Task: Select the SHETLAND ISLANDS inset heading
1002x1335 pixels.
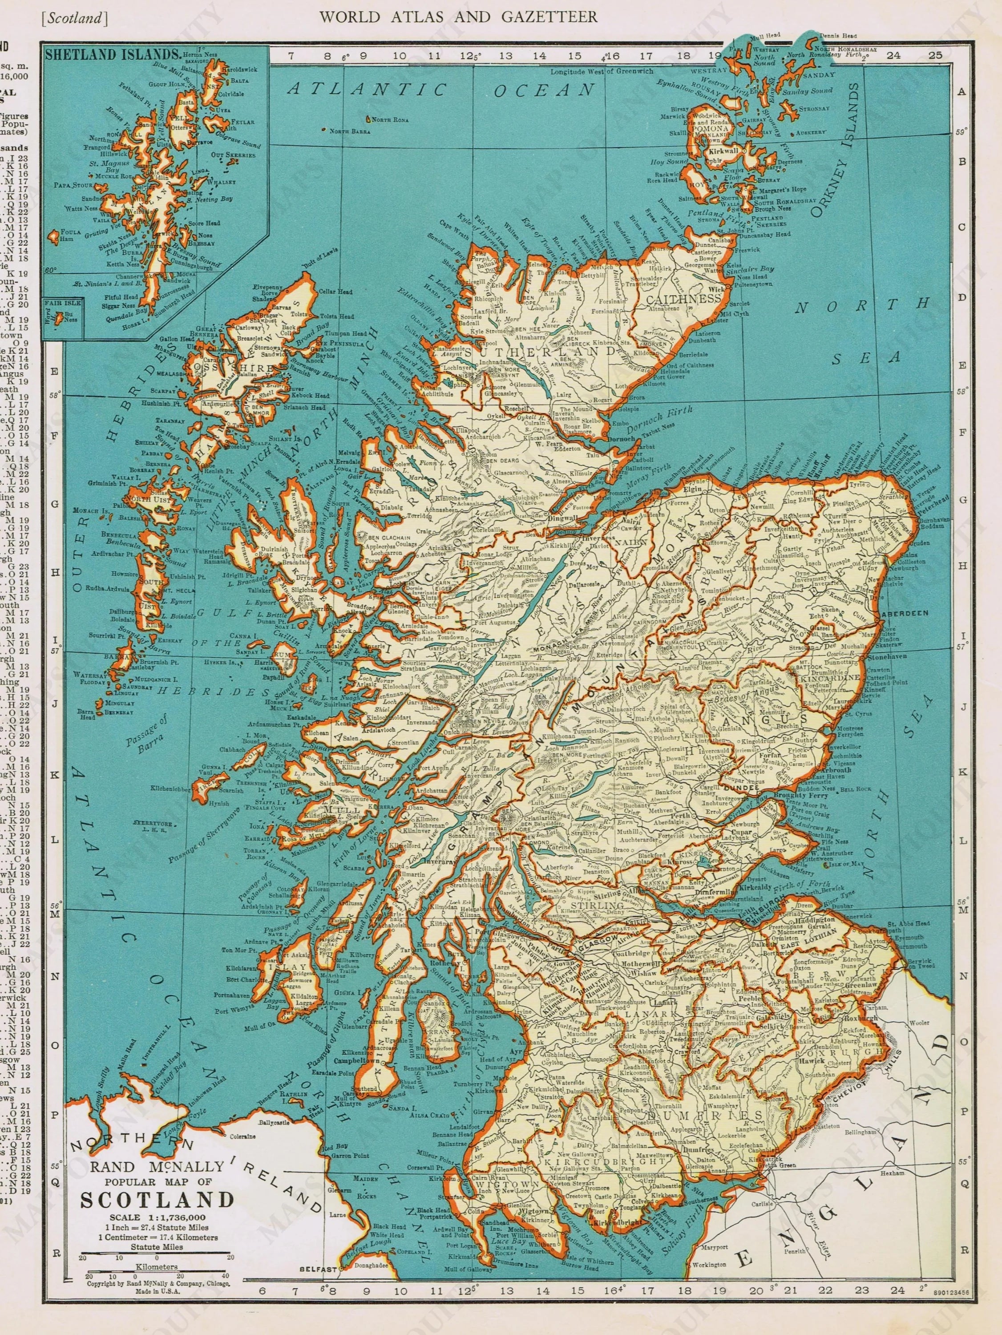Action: point(112,53)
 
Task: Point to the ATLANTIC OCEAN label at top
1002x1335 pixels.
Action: point(440,90)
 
